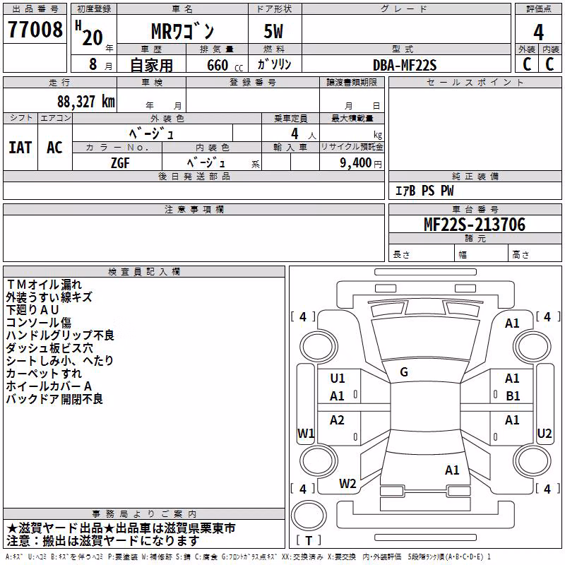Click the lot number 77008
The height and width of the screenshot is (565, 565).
(x=35, y=30)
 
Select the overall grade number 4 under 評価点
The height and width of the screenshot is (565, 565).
(x=538, y=32)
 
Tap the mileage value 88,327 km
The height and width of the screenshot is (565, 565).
(x=86, y=102)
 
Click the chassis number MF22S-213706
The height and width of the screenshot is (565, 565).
(x=475, y=225)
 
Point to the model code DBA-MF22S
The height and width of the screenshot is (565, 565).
(x=405, y=65)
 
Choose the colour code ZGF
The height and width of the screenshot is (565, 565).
(x=120, y=163)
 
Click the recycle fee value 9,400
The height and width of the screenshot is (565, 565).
(x=355, y=163)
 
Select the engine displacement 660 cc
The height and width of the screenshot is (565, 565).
(x=225, y=65)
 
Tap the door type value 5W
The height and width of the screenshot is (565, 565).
(x=273, y=31)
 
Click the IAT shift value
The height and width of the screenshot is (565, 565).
(x=20, y=148)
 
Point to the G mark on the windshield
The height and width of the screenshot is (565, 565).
(x=404, y=372)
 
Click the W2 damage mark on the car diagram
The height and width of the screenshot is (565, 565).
(x=347, y=484)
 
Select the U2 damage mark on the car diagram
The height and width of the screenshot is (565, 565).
(x=544, y=433)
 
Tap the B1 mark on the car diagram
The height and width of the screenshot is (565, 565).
(x=513, y=396)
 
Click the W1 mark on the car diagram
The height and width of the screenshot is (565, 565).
(x=306, y=433)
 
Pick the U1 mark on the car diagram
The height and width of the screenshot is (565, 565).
(x=338, y=379)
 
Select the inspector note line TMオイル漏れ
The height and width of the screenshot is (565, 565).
(x=44, y=285)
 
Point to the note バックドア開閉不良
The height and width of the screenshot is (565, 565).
(x=54, y=399)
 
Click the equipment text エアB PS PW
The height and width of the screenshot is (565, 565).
(x=424, y=191)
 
